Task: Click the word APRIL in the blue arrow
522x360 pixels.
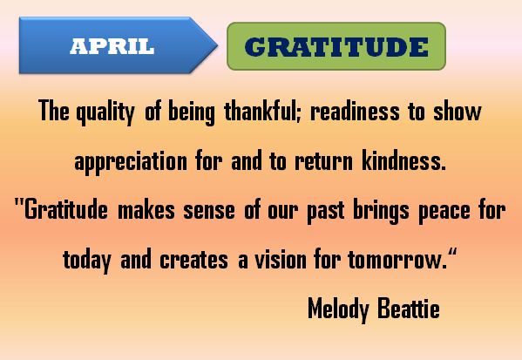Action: click(x=112, y=46)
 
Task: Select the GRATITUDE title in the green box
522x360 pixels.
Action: click(x=336, y=46)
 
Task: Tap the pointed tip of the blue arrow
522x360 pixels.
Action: click(x=218, y=45)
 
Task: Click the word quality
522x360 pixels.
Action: click(x=105, y=112)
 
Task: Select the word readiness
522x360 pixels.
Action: click(x=355, y=111)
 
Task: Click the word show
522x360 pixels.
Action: click(x=458, y=111)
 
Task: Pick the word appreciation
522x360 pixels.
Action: click(x=131, y=162)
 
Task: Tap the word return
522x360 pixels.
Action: click(x=323, y=161)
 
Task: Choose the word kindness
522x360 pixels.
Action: click(x=403, y=160)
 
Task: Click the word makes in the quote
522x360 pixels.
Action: click(x=146, y=209)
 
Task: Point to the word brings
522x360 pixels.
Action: click(x=381, y=211)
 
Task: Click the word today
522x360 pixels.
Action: click(x=87, y=261)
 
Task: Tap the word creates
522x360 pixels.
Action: click(x=193, y=261)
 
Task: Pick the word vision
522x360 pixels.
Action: click(x=281, y=260)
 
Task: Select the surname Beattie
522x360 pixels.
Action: click(x=409, y=308)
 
